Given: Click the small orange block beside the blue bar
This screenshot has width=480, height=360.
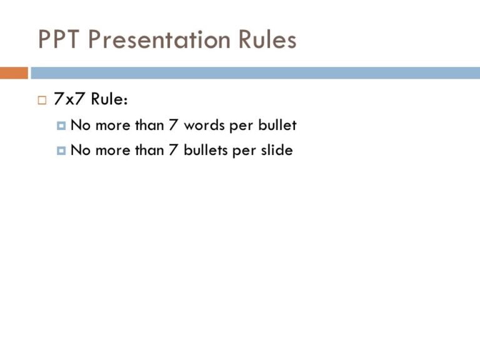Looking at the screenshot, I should click(x=14, y=73).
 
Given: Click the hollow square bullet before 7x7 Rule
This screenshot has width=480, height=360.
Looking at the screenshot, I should click(x=42, y=100).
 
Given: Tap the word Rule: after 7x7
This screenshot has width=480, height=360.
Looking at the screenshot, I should click(x=110, y=99).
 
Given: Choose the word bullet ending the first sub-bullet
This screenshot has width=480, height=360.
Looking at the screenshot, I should click(x=277, y=126).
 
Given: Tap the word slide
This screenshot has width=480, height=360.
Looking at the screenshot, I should click(x=276, y=150).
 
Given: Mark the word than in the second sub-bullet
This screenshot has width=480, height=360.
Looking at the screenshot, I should click(x=149, y=150).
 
